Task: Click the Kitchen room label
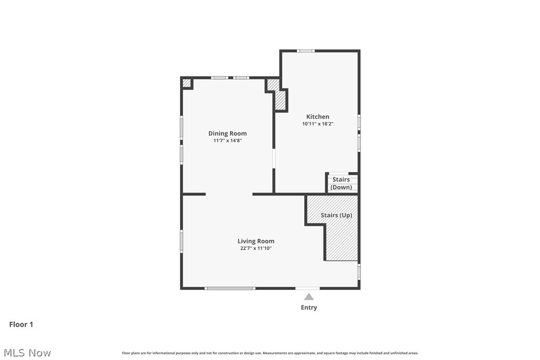[317, 117]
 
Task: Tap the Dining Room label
[227, 133]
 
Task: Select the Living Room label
[256, 241]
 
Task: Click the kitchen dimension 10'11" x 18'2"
[317, 124]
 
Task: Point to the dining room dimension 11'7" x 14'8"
[227, 141]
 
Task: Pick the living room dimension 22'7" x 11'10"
[256, 248]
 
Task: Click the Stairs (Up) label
[336, 215]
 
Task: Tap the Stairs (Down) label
[341, 183]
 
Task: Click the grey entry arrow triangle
[309, 297]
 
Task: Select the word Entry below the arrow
[309, 307]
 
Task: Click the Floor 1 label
[21, 324]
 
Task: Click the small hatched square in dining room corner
[186, 83]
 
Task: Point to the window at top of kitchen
[306, 51]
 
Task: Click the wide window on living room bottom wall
[230, 288]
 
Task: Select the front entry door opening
[308, 288]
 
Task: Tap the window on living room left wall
[181, 241]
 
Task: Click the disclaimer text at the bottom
[270, 353]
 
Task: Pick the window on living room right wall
[359, 271]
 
